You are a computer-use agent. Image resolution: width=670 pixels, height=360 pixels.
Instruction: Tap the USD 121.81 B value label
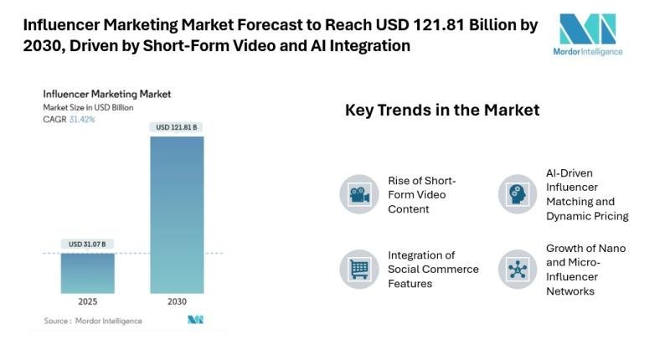click(177, 127)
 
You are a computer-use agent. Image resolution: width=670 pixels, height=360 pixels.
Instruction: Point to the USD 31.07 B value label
click(87, 244)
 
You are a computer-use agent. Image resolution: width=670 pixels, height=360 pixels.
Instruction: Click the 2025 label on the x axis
click(87, 301)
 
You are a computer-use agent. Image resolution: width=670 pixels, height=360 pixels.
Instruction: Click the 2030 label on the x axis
click(177, 301)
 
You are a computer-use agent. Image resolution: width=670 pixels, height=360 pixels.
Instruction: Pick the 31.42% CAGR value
click(81, 120)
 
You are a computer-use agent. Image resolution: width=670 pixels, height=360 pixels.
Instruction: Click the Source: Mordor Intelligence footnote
click(93, 321)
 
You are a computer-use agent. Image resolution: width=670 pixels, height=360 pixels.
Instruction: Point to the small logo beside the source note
click(195, 320)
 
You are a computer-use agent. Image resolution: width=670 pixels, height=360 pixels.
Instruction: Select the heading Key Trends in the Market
click(442, 110)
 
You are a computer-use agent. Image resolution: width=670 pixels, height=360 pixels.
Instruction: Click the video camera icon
click(359, 194)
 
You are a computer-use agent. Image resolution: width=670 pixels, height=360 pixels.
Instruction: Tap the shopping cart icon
click(359, 269)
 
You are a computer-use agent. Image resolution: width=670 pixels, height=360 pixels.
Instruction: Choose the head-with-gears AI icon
click(518, 194)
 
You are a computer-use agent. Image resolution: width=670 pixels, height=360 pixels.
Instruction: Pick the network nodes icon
click(518, 269)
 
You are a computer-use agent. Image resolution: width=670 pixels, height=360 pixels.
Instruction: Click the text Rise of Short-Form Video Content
click(422, 194)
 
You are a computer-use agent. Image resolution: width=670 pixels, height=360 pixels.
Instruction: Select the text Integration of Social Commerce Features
click(433, 269)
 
